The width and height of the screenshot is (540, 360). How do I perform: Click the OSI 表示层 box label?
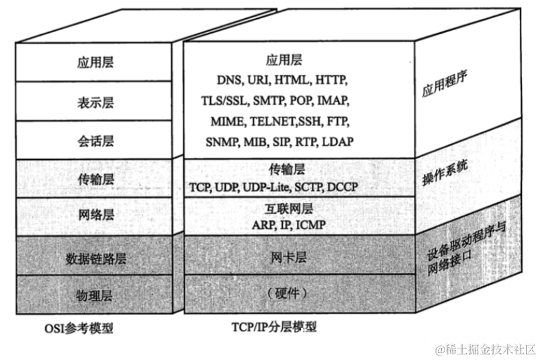click(95, 102)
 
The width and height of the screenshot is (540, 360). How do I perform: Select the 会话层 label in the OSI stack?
click(95, 141)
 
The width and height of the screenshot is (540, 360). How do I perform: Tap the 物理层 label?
click(95, 295)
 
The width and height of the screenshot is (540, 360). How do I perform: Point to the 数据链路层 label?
click(95, 257)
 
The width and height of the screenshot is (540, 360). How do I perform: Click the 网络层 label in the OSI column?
click(95, 216)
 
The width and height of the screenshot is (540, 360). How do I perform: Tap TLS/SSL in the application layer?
click(224, 101)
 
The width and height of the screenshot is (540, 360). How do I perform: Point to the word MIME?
click(227, 122)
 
